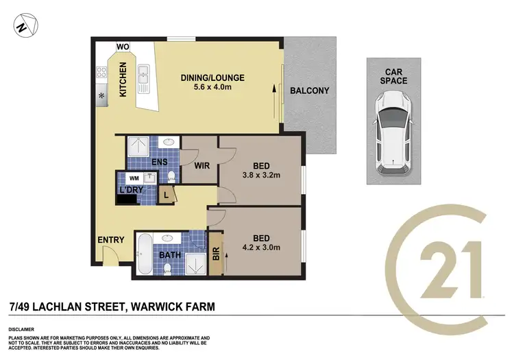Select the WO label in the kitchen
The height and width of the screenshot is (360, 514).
123,47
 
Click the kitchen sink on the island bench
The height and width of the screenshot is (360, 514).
145,78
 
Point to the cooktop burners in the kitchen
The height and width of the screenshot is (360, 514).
101,71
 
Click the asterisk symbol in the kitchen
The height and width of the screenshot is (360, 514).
101,95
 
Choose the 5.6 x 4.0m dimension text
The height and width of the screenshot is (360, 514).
212,88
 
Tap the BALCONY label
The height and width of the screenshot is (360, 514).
309,91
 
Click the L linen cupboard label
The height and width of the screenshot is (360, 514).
165,195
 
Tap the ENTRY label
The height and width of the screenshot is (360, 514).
111,239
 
